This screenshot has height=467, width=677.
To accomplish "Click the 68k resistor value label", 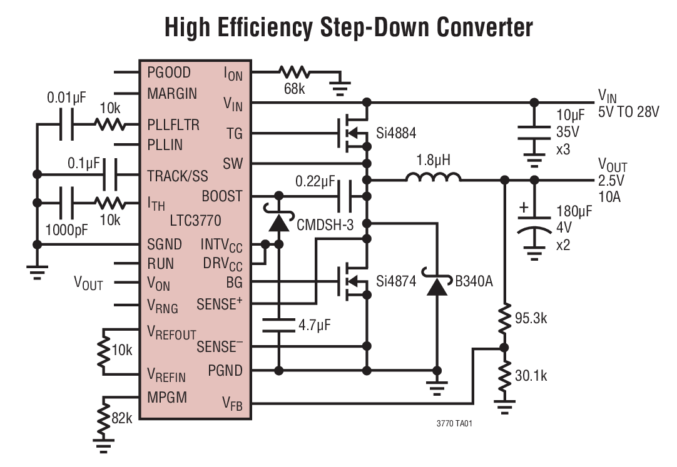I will tap(294, 89).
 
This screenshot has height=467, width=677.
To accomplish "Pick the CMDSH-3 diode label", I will tap(324, 224).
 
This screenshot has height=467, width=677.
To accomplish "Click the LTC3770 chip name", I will tap(195, 221).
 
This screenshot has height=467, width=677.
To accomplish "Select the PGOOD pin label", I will tap(169, 73).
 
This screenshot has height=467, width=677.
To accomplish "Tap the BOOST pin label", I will tap(221, 196).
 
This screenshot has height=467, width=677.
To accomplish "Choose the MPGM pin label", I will tap(167, 397).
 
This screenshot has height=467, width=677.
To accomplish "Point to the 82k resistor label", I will tap(121, 418).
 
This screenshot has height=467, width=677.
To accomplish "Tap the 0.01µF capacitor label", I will tap(66, 99).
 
